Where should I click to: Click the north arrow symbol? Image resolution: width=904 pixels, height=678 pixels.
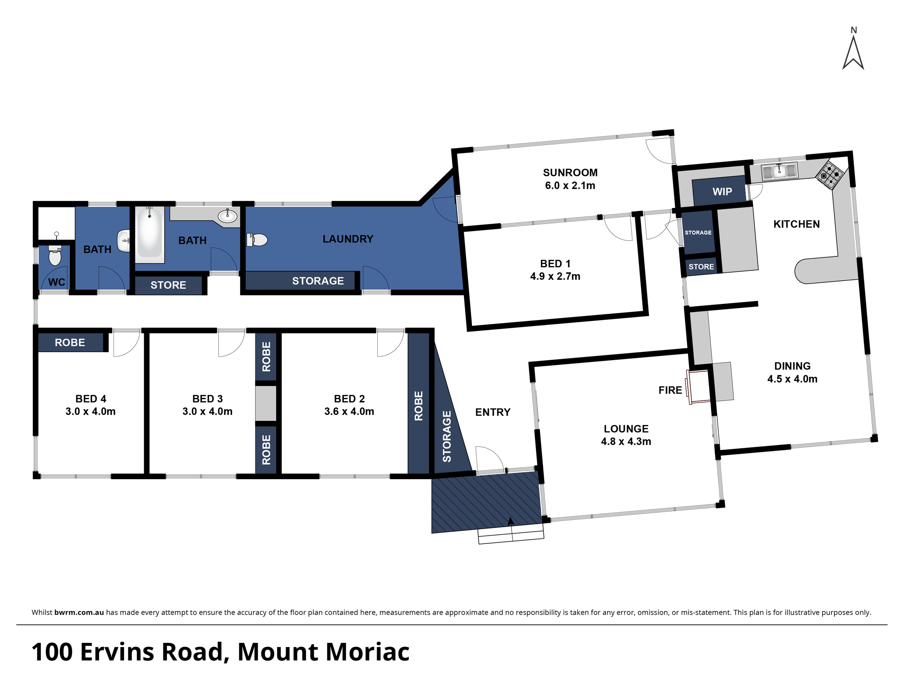(x=853, y=53)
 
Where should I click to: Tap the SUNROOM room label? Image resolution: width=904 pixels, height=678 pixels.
(x=570, y=173)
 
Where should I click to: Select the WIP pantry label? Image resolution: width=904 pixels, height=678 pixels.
(x=722, y=191)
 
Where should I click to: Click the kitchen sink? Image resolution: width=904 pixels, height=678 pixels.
(x=779, y=171)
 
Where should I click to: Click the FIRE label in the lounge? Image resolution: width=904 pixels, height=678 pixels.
(x=670, y=390)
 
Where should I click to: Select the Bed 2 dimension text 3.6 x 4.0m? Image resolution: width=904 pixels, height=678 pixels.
(x=349, y=411)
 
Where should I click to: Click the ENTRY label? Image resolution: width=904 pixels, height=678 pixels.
(x=493, y=412)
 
